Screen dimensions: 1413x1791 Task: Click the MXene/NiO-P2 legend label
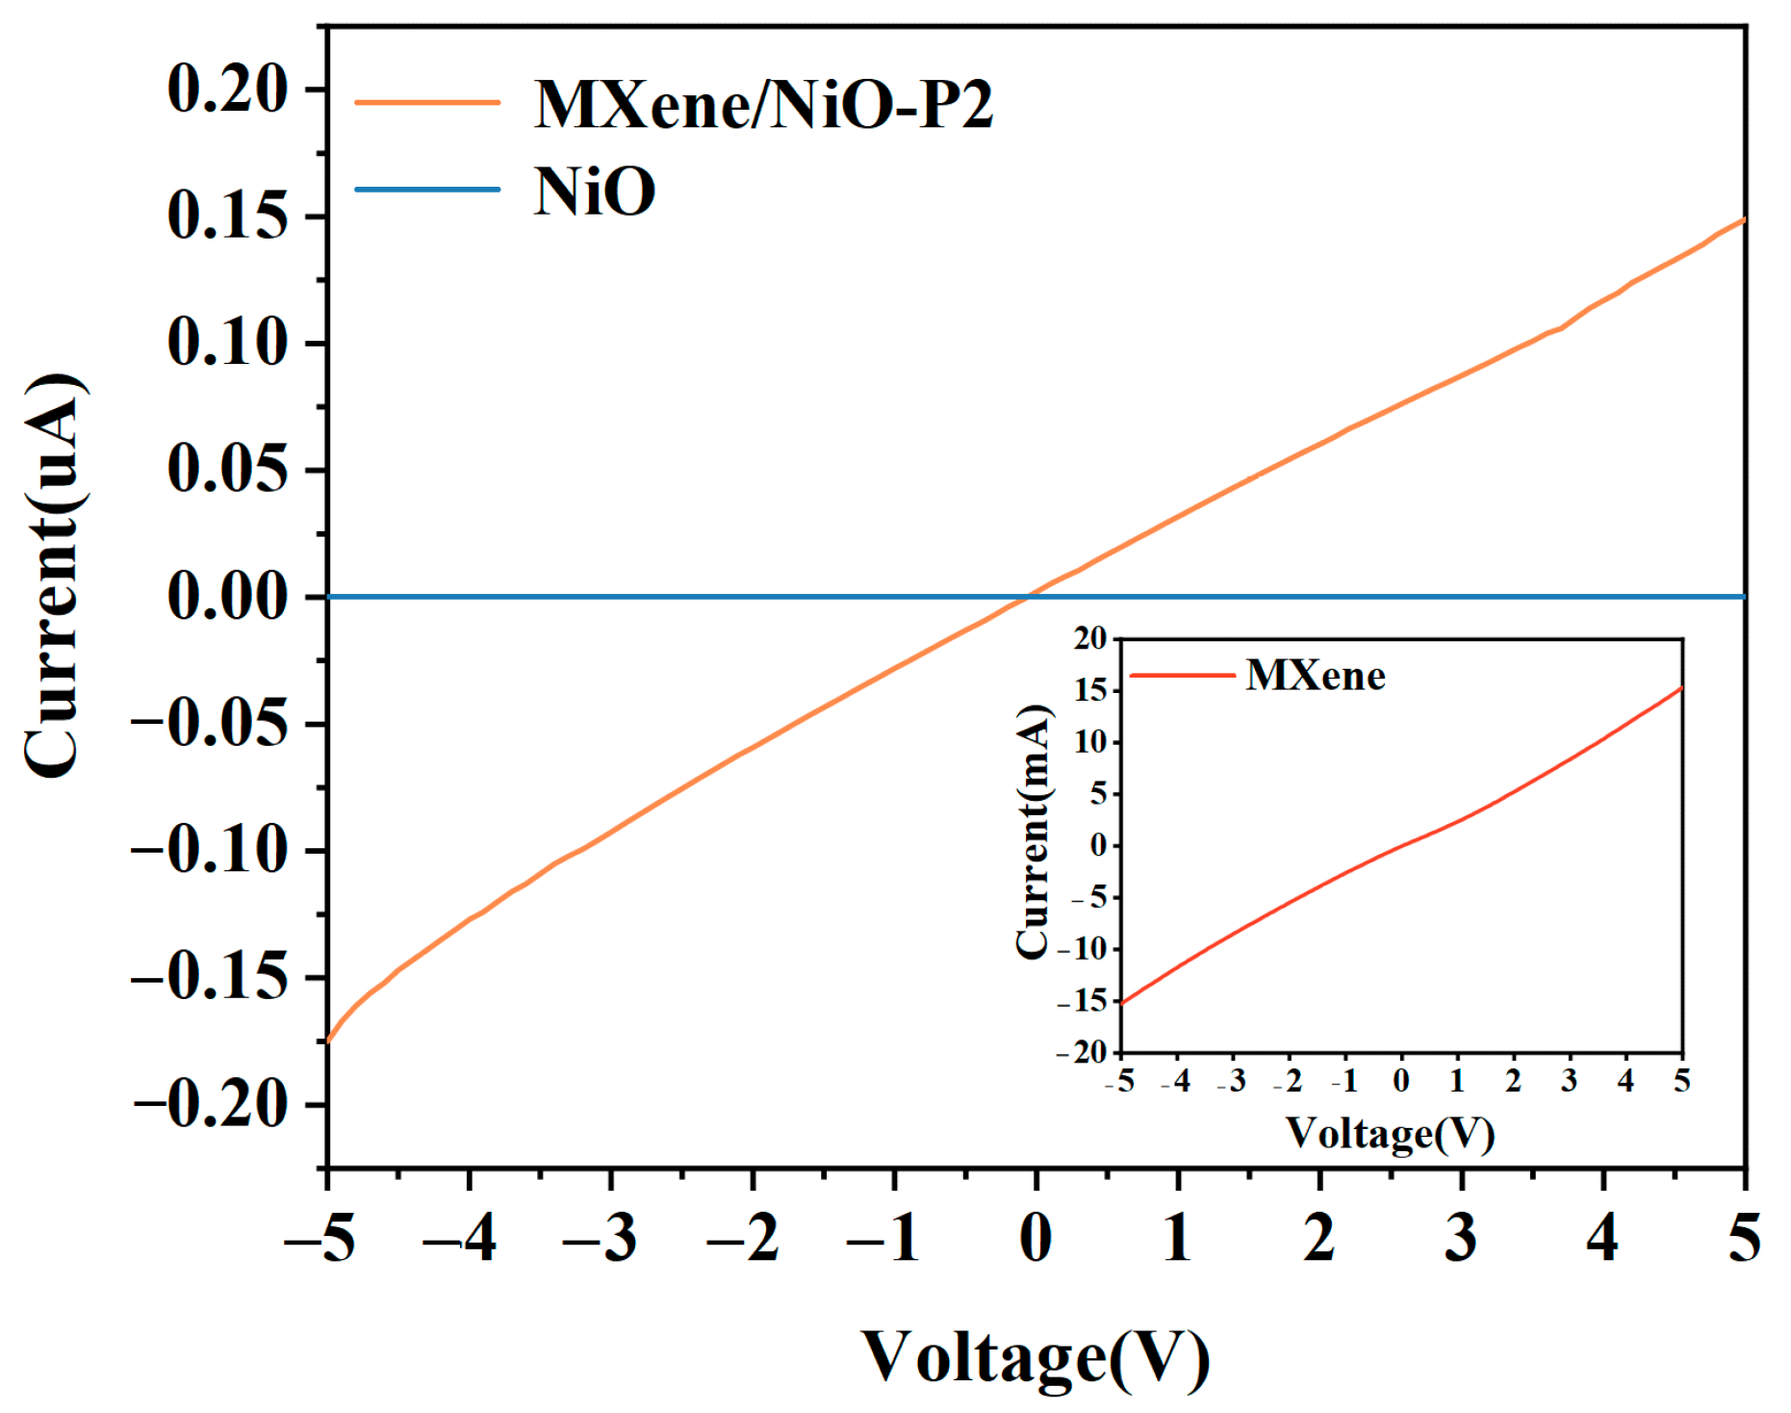763,104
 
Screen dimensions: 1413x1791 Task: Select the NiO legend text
595,191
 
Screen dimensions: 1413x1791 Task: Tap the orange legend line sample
427,102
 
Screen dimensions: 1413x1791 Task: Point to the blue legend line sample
427,189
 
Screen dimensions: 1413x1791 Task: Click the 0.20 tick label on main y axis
227,90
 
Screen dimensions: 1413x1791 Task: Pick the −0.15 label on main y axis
210,977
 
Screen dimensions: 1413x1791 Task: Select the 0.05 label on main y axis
227,470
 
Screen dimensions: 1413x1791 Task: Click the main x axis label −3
600,1238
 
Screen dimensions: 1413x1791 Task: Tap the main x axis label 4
1602,1238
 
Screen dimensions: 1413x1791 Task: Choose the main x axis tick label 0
1036,1238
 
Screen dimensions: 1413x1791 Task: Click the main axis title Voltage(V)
1036,1357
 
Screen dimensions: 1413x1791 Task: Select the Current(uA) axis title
54,576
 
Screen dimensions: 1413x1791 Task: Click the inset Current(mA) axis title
1034,832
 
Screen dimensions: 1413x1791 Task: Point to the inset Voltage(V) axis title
1391,1134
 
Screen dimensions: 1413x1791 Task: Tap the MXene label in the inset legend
1316,676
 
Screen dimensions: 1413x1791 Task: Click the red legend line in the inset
1182,676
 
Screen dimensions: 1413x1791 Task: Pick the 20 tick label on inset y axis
1090,638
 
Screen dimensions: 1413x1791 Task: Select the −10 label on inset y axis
1083,949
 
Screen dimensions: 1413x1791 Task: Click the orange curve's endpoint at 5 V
1743,220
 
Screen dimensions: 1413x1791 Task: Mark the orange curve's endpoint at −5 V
328,1040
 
